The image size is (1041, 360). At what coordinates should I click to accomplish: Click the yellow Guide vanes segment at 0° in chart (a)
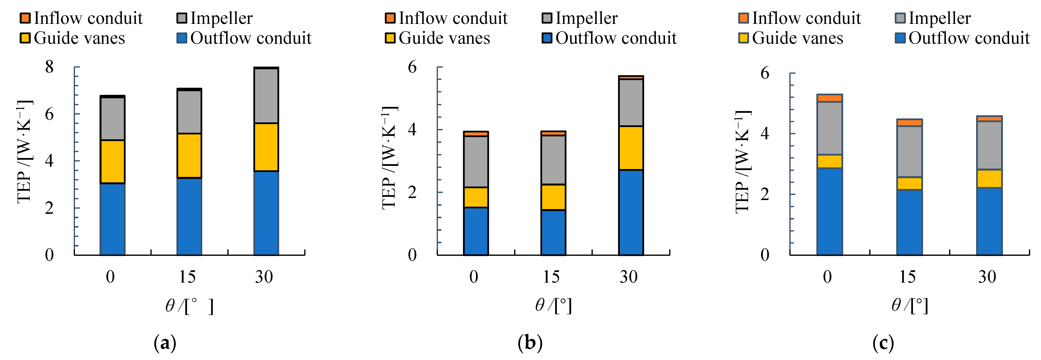pyautogui.click(x=112, y=162)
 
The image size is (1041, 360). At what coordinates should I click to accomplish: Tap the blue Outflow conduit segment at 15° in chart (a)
pyautogui.click(x=189, y=216)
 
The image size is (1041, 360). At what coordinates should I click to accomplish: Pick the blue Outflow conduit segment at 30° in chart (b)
pyautogui.click(x=631, y=212)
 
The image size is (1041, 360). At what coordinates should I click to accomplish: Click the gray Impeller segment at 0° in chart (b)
pyautogui.click(x=476, y=162)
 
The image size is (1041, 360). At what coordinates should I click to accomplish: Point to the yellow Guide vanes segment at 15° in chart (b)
pyautogui.click(x=553, y=197)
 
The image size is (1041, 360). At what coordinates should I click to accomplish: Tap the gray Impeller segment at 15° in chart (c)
pyautogui.click(x=909, y=152)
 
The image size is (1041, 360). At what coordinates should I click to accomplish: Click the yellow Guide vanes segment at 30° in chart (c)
pyautogui.click(x=989, y=179)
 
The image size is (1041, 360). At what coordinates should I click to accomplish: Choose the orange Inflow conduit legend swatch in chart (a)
pyautogui.click(x=25, y=18)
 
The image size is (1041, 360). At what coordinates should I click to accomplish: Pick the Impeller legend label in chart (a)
pyautogui.click(x=221, y=18)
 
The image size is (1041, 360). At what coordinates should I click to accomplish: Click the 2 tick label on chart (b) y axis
pyautogui.click(x=412, y=192)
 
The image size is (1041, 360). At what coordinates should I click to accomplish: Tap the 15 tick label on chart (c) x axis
pyautogui.click(x=907, y=277)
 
